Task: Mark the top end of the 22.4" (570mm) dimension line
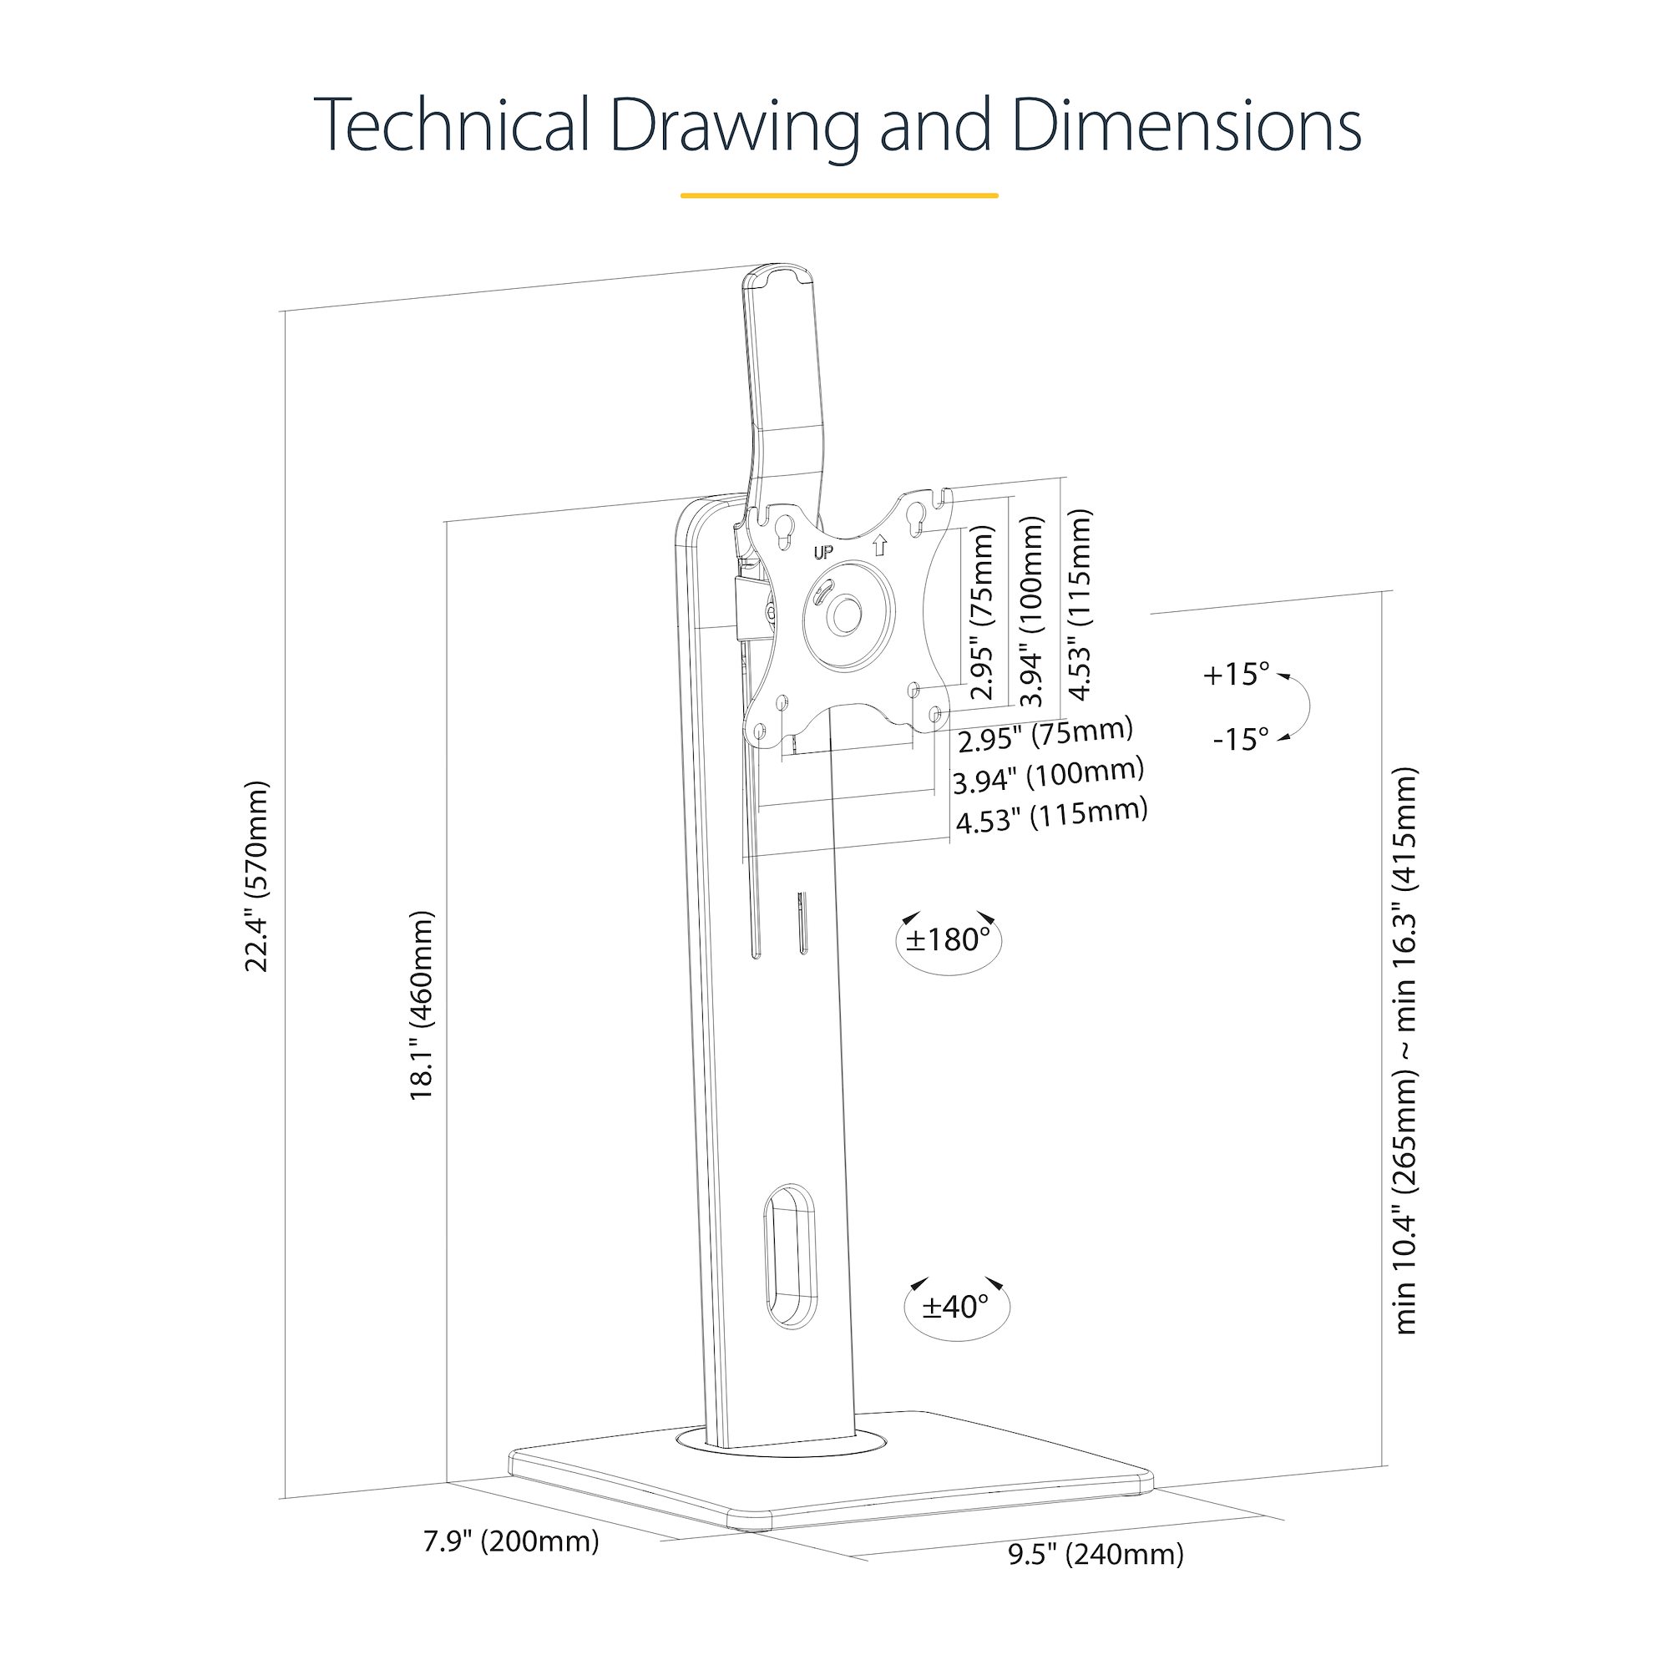coord(285,311)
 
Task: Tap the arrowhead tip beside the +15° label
coord(1278,677)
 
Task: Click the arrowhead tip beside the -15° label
coord(1279,740)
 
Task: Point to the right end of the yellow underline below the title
coord(999,195)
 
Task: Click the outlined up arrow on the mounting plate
coord(880,544)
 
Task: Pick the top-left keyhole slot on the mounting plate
coord(786,531)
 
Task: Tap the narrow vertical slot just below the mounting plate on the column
coord(801,922)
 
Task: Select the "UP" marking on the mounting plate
coord(823,551)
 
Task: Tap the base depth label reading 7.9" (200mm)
coord(511,1541)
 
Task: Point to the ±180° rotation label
coord(948,939)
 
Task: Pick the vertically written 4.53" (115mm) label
coord(1080,605)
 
